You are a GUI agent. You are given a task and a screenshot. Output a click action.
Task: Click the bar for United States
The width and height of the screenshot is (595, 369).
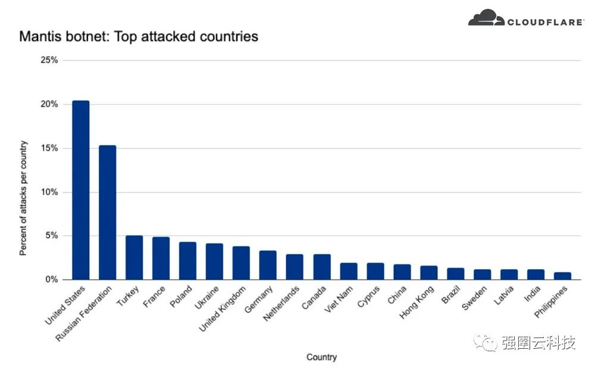coord(80,190)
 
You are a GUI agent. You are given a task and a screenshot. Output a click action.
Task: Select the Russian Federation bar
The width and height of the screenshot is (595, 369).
coord(107,212)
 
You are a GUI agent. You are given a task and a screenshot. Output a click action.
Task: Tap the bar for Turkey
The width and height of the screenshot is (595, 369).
coord(134,257)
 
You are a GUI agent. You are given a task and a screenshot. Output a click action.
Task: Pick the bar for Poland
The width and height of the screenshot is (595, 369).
coord(187,260)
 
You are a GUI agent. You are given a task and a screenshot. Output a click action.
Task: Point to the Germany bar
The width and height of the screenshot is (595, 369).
coord(268,265)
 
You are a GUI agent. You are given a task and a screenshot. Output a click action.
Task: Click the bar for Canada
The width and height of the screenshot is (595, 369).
coord(322,267)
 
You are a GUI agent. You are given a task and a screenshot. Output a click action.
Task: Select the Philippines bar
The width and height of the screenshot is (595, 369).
coord(562,276)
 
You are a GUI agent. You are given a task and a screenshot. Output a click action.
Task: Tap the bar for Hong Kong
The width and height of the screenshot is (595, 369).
coord(428,272)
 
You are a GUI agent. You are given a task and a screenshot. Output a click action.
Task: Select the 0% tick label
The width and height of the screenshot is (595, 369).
coord(51,279)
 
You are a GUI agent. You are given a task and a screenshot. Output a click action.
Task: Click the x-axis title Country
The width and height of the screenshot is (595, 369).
coord(321,357)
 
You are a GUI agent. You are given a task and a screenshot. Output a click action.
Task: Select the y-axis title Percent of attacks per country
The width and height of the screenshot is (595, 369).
coord(23,198)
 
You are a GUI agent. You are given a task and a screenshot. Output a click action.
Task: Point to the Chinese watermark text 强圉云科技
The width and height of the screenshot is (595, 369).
coord(539,343)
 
